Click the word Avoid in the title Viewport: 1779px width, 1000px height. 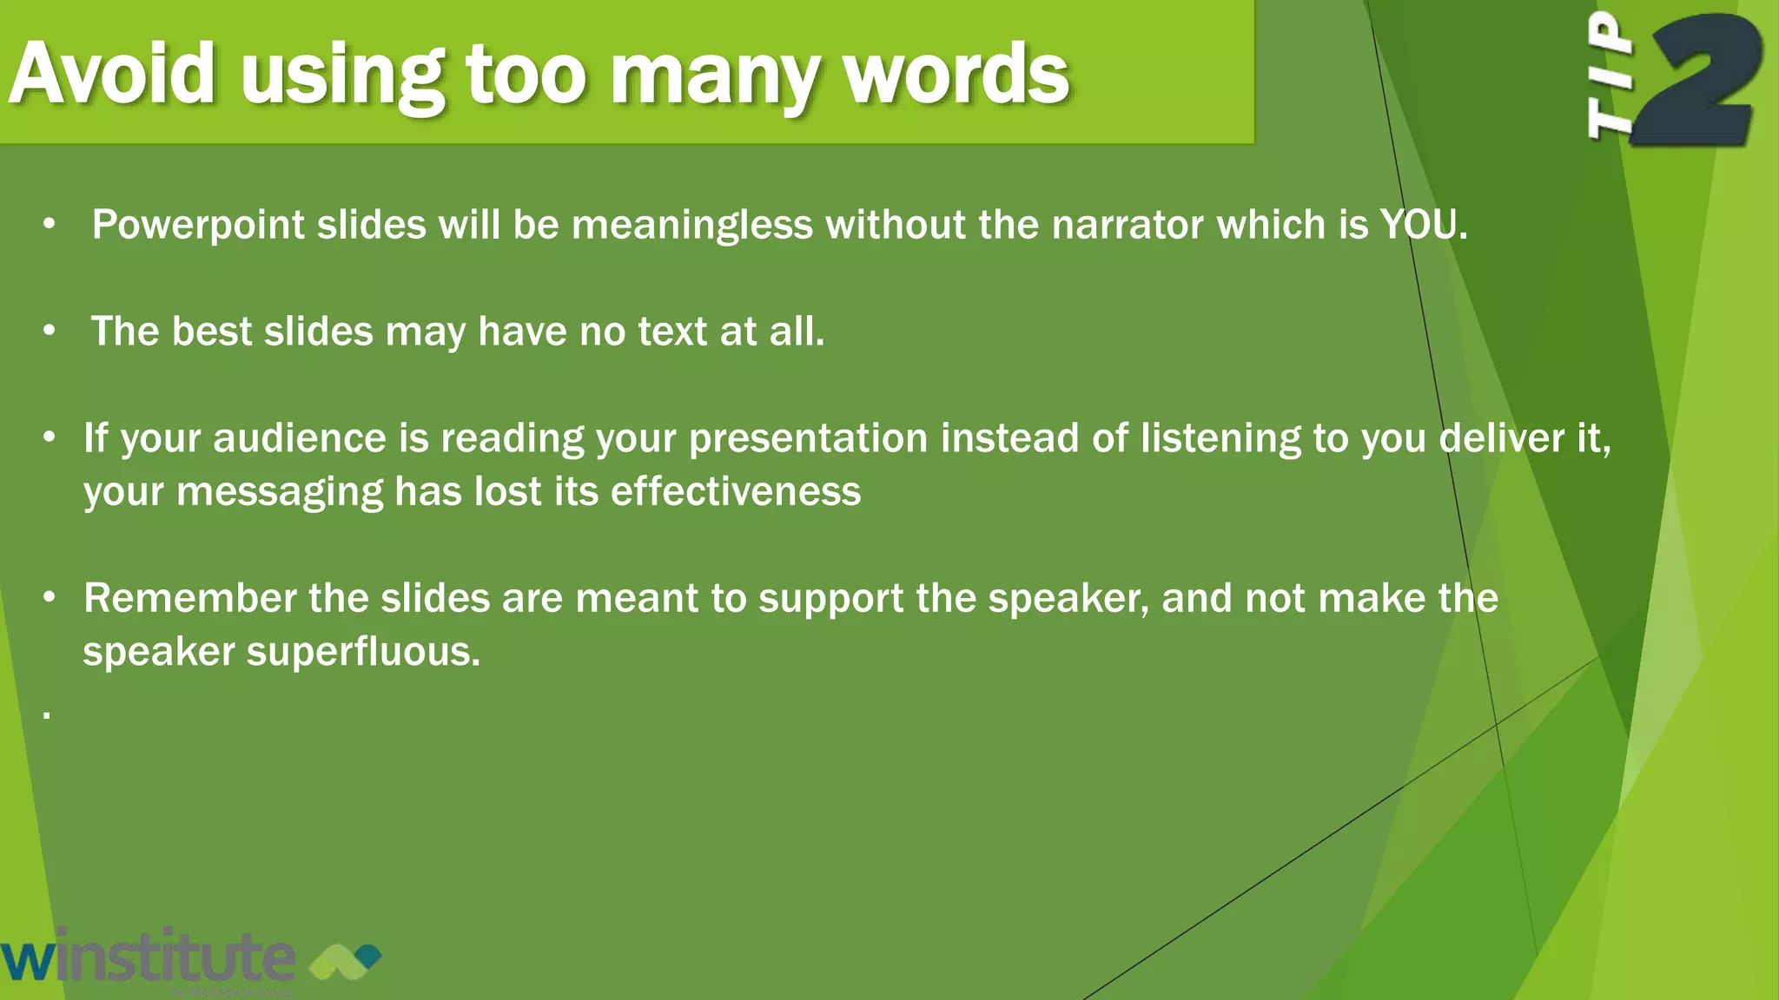tap(111, 74)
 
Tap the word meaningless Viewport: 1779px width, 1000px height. tap(692, 226)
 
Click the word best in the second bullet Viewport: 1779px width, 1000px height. tap(212, 332)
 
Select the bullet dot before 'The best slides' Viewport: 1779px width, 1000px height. tap(50, 332)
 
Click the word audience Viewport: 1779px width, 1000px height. tap(299, 438)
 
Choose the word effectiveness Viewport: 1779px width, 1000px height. tap(736, 492)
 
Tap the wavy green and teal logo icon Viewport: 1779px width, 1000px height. tap(345, 959)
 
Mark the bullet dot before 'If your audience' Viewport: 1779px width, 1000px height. tap(50, 438)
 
